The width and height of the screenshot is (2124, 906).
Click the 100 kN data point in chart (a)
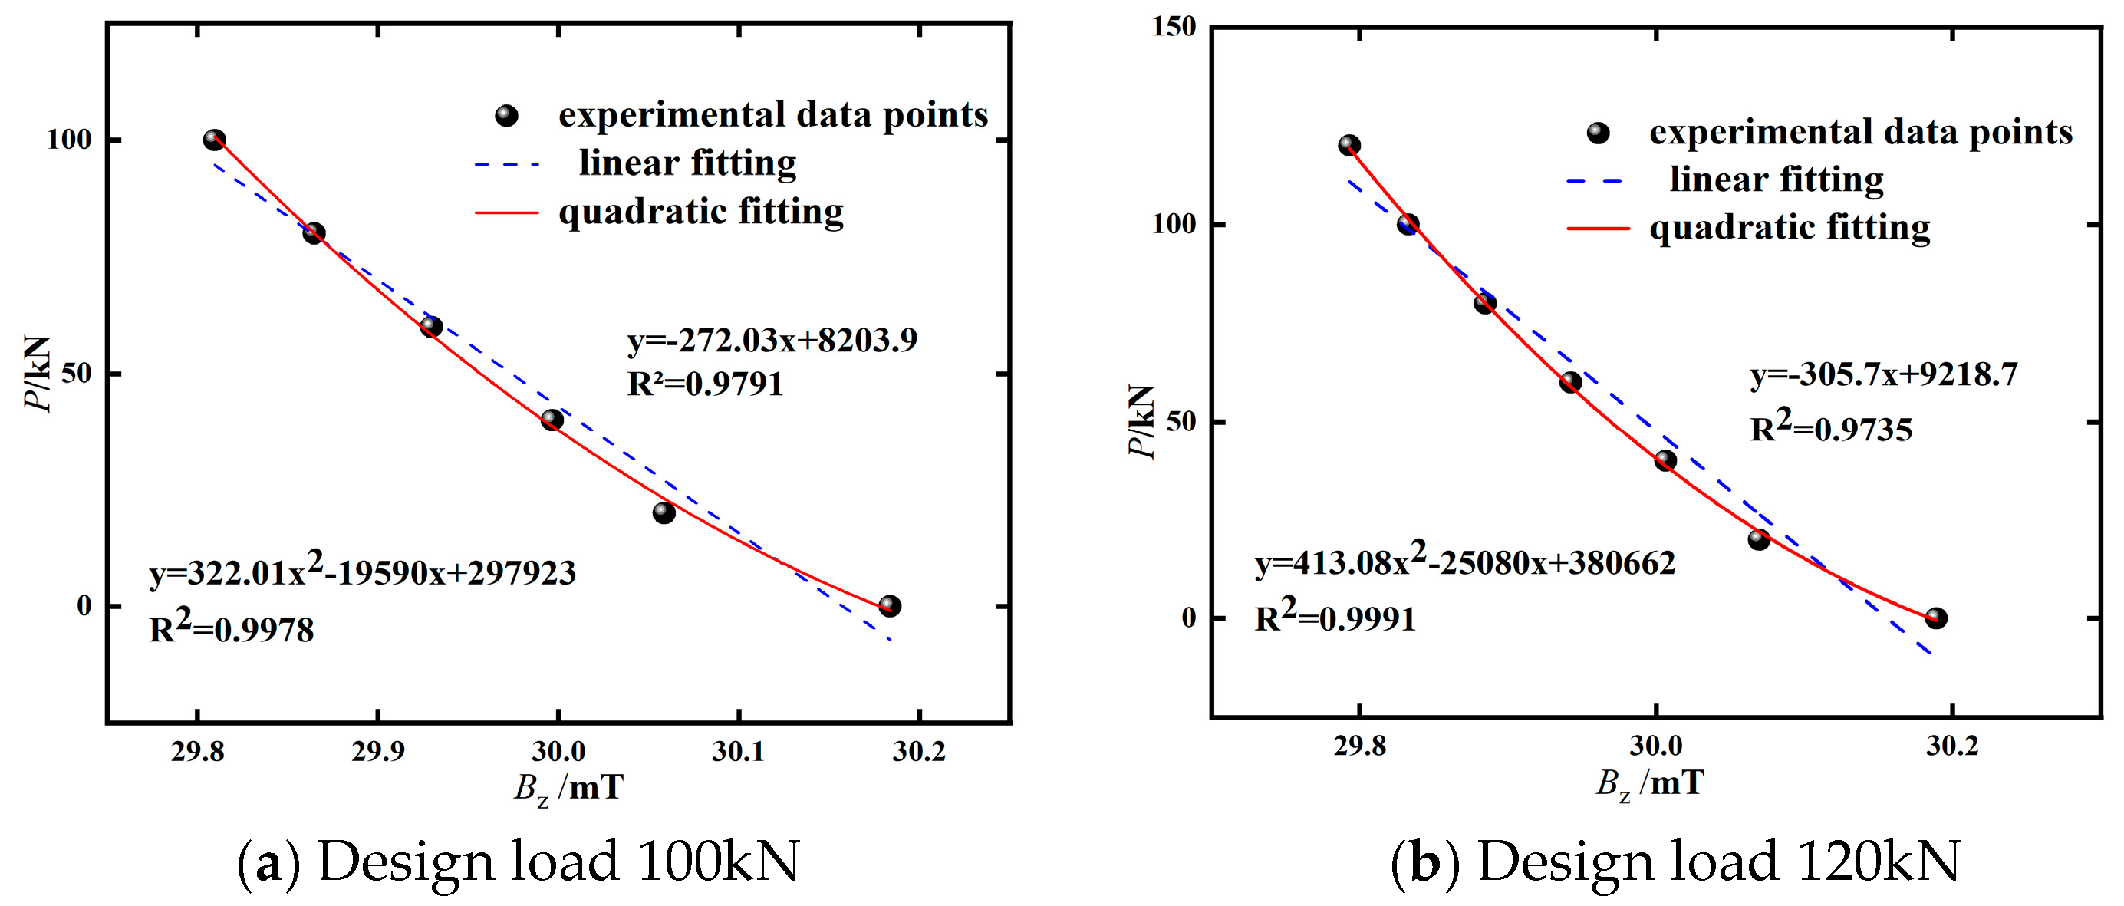(214, 140)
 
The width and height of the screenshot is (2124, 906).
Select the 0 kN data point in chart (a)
(890, 606)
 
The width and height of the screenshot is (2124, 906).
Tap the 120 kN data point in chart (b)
(1349, 145)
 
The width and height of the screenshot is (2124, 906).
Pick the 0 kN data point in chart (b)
(1936, 618)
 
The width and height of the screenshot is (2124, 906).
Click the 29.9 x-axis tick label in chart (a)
(377, 752)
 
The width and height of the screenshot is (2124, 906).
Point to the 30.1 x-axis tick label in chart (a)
(738, 752)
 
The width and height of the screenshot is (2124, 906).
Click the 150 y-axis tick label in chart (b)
(1174, 26)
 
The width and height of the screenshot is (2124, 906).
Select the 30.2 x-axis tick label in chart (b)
(1951, 746)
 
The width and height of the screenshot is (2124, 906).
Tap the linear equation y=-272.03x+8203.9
(772, 341)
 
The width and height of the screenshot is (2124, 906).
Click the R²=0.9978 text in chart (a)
(232, 628)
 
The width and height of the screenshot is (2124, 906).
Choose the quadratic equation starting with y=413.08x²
(1464, 562)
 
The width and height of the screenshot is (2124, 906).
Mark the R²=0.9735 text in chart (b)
(1830, 428)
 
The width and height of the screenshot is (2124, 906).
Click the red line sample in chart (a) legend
(506, 212)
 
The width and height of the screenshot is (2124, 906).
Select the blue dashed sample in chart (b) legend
(1595, 180)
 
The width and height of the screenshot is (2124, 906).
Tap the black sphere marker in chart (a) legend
(506, 115)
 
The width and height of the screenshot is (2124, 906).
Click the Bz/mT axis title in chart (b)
(1650, 783)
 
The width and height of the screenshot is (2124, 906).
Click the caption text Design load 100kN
(558, 862)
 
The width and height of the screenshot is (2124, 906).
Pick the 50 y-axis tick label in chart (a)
(76, 374)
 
